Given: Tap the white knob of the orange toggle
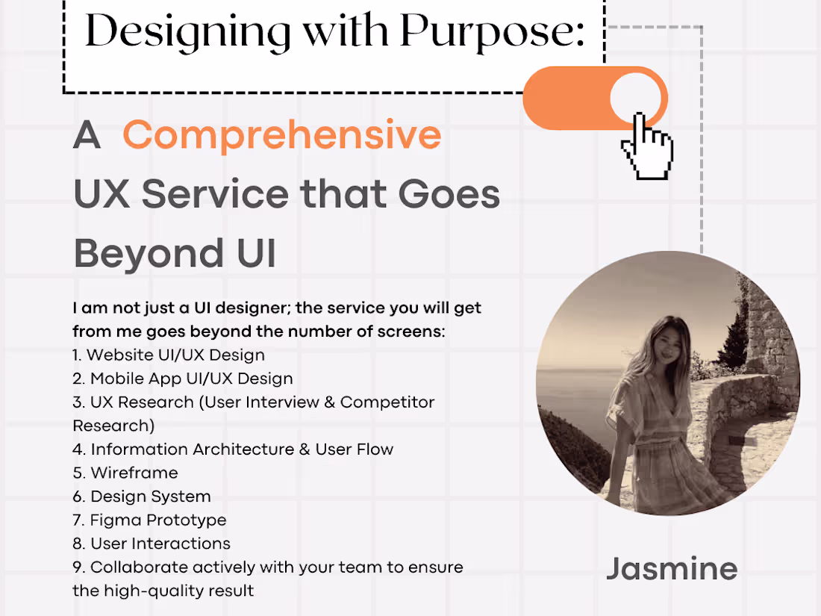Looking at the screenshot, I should tap(636, 98).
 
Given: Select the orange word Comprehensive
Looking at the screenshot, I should tap(282, 135).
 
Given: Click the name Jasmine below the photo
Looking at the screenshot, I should tap(672, 569).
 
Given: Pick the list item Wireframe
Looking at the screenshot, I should tap(134, 473).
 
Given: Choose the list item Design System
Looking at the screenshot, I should tap(150, 497).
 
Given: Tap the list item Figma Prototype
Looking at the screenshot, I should tap(157, 520).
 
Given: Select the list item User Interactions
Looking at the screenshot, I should tap(160, 544).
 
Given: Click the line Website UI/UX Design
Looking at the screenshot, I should tap(175, 355).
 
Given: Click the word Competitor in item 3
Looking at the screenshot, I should tap(387, 402).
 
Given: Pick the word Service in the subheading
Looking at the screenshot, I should tap(215, 194).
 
